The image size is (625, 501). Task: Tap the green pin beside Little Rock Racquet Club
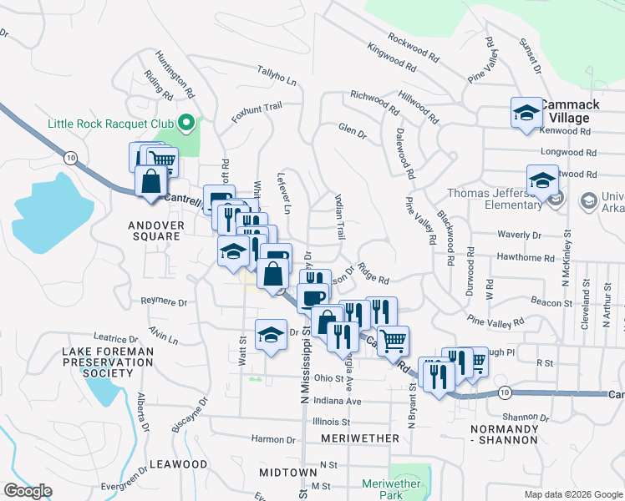(186, 124)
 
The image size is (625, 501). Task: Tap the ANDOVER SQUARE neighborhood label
(154, 230)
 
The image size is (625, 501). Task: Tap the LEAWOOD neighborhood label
(178, 463)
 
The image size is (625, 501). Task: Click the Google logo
(28, 491)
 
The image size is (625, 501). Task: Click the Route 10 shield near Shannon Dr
(503, 392)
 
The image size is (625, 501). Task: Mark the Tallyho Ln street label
(277, 76)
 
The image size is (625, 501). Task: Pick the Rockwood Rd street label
(413, 48)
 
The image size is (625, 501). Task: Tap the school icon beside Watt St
(270, 336)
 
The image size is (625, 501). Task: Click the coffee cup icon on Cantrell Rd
(313, 297)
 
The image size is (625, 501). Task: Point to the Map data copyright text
(572, 494)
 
